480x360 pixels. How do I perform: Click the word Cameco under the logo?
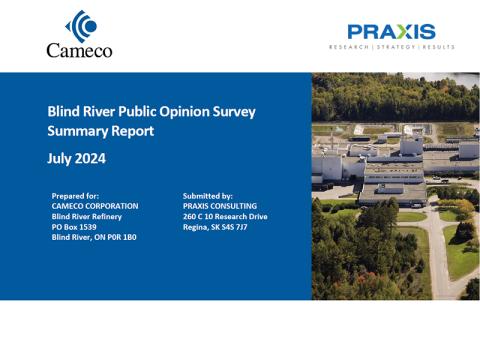click(x=79, y=50)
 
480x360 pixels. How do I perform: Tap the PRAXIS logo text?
click(x=391, y=32)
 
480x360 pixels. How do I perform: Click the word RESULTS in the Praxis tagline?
click(x=437, y=47)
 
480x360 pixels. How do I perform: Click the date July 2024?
click(x=76, y=158)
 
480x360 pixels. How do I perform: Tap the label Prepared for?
click(x=76, y=196)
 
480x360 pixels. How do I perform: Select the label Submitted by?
click(x=208, y=196)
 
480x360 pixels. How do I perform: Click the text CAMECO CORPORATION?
click(x=95, y=206)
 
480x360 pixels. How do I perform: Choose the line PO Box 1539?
click(x=76, y=227)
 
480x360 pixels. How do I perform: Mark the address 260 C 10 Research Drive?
click(x=225, y=216)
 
